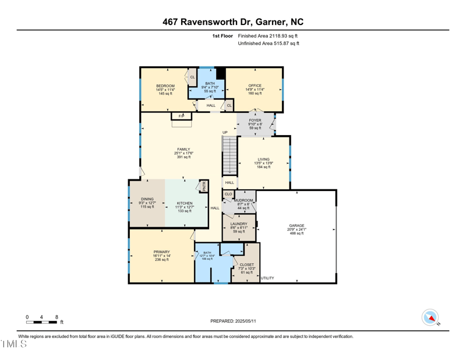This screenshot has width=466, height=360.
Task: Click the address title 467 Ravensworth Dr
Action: coord(233,22)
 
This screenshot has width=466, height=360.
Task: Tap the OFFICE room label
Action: coord(255,86)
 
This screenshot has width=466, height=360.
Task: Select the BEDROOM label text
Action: coord(165,86)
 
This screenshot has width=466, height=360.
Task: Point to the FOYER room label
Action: coord(255,121)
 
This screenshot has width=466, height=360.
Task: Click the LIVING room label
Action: coord(264,159)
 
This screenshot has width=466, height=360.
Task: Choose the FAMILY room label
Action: coord(183,149)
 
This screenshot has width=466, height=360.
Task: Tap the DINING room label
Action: coord(146,199)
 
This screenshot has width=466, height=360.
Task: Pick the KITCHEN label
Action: coord(184,204)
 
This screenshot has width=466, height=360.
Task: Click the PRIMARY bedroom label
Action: coord(161,252)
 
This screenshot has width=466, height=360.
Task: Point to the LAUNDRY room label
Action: coord(239,224)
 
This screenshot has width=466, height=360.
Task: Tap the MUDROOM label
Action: coord(243,200)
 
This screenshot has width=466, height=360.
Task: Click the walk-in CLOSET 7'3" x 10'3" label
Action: coord(247,264)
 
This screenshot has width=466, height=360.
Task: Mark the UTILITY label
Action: coord(267,278)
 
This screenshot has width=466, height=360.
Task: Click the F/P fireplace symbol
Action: coord(181,117)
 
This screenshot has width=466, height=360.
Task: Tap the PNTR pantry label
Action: coord(204,187)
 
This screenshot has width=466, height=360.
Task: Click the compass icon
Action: coord(430,317)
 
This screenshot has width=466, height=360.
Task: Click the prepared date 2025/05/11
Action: coord(233,321)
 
